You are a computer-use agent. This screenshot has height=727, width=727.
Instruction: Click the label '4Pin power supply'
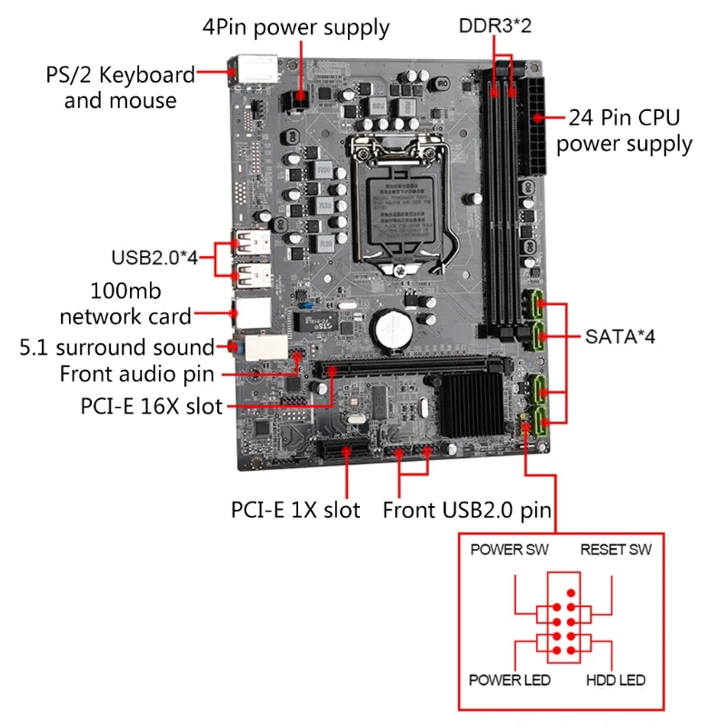[x=296, y=27]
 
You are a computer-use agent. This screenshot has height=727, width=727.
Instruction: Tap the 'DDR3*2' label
[x=495, y=25]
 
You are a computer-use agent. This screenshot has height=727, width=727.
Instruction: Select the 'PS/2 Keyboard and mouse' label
[x=120, y=87]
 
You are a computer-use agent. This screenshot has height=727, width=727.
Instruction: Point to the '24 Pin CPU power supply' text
[x=624, y=131]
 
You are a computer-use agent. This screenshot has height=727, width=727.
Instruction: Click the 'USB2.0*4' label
[x=154, y=257]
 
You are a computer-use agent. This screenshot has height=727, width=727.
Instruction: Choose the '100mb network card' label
[x=126, y=304]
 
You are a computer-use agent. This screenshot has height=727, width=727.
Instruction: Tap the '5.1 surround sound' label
[x=117, y=347]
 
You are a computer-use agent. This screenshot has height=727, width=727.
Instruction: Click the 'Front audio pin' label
[x=137, y=373]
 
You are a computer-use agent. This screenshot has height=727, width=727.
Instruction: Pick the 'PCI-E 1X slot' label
[x=295, y=510]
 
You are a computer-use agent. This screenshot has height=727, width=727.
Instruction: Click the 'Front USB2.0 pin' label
[x=467, y=510]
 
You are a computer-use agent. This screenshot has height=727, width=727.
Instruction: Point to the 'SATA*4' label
[x=619, y=337]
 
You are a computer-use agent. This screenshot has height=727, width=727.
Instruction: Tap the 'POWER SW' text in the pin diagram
[x=509, y=550]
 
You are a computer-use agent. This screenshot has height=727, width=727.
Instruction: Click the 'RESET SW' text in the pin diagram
[x=616, y=550]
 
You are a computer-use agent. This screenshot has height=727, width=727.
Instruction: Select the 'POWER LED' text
[x=508, y=681]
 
